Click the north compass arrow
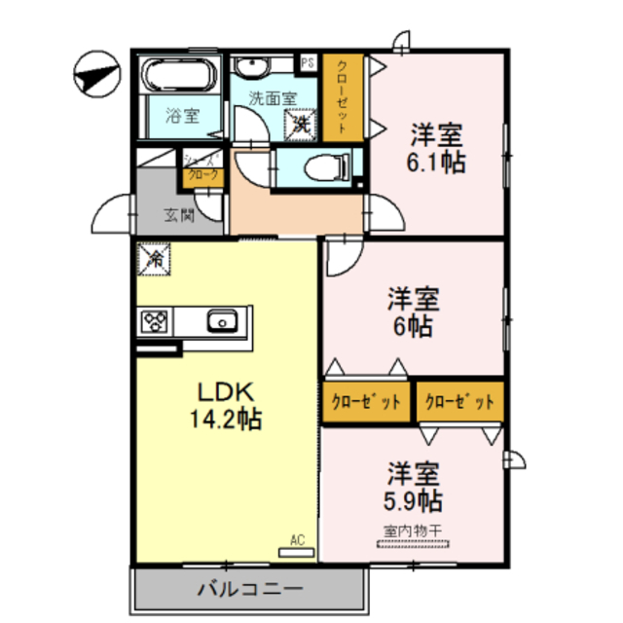click(x=95, y=75)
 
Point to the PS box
click(x=308, y=63)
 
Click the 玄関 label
click(x=178, y=215)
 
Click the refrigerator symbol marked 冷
click(x=154, y=259)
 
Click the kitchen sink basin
click(x=222, y=320)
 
